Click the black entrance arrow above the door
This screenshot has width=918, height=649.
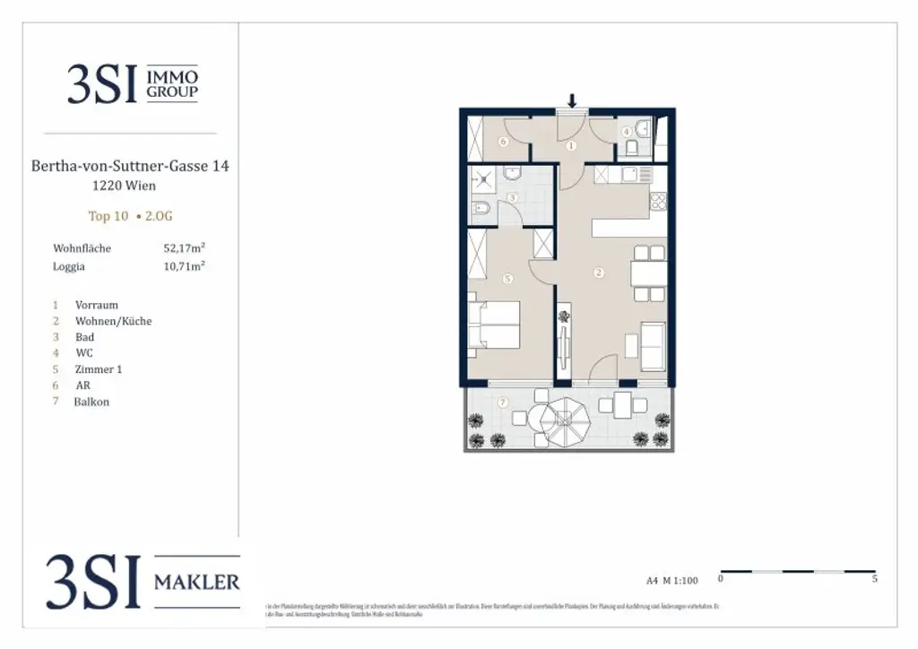click(x=571, y=100)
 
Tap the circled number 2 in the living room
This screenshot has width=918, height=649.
click(x=599, y=273)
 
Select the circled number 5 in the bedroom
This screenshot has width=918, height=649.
click(x=507, y=280)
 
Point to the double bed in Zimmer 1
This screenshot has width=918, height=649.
click(x=494, y=324)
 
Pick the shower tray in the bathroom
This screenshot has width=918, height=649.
click(x=484, y=179)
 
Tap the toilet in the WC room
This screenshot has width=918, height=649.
click(x=632, y=147)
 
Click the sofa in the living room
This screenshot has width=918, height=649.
click(x=653, y=346)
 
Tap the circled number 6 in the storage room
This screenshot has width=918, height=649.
click(x=504, y=142)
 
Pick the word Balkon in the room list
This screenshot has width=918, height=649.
click(x=91, y=402)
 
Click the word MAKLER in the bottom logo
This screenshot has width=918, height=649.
click(x=197, y=582)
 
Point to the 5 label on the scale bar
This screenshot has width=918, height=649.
click(x=874, y=579)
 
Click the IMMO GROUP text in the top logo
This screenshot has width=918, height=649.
click(x=172, y=85)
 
